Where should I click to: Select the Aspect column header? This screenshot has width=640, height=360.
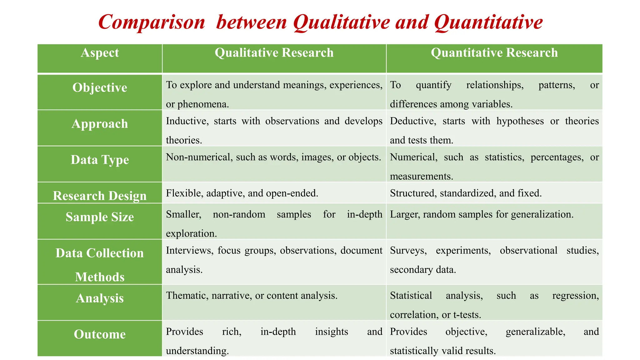point(100,53)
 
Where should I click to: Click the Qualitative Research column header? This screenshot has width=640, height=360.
point(274,53)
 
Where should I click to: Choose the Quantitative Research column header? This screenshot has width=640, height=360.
point(494,53)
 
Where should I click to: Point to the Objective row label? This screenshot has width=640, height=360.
point(100,88)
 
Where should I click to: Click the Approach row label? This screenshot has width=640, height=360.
point(100,124)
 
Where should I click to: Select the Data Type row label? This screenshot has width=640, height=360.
point(100,160)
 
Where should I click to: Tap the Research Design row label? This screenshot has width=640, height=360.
point(100,196)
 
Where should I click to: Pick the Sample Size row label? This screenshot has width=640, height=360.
point(100,217)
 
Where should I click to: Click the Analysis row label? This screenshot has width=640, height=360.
point(100,298)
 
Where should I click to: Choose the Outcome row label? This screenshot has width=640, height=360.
point(100,334)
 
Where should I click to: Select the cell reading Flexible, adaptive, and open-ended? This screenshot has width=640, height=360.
point(242,193)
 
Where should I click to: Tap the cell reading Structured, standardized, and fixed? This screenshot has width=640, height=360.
point(466,193)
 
